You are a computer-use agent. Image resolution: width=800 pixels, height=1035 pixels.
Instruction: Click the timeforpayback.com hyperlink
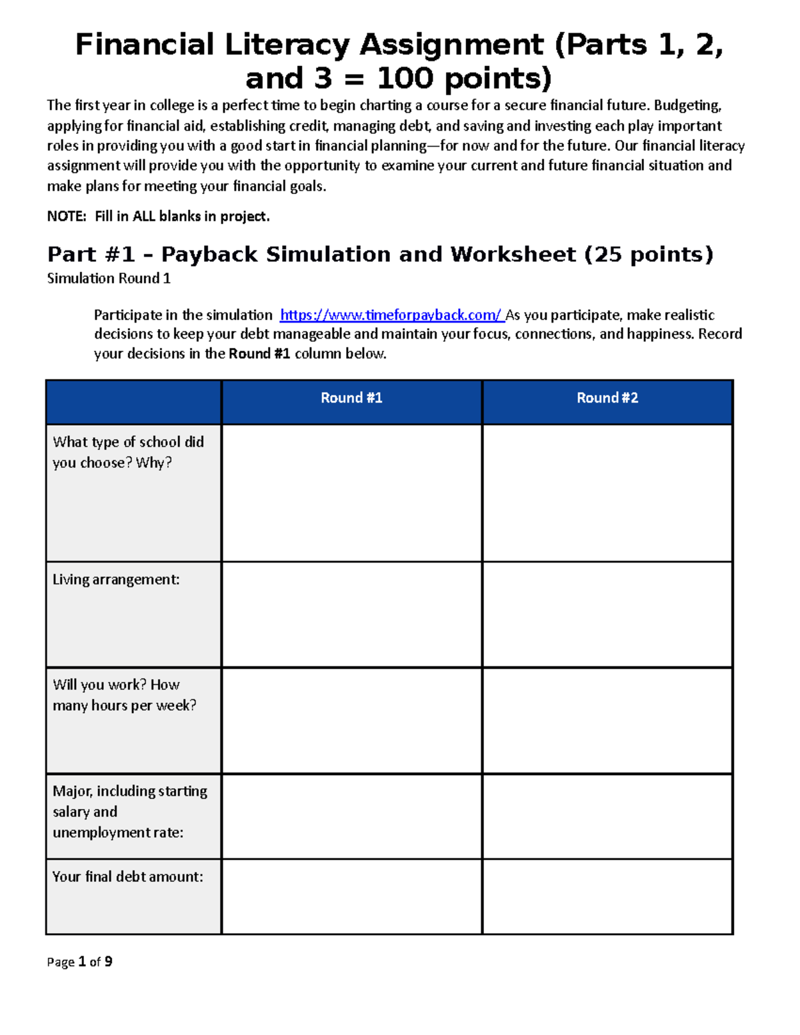pyautogui.click(x=391, y=315)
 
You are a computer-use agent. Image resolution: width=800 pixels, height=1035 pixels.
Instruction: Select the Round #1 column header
pyautogui.click(x=351, y=398)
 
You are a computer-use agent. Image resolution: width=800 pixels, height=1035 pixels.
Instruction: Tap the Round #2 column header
pyautogui.click(x=607, y=398)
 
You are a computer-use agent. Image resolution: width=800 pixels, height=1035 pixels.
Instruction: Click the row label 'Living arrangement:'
pyautogui.click(x=116, y=580)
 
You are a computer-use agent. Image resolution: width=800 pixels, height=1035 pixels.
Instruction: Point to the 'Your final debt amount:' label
pyautogui.click(x=128, y=877)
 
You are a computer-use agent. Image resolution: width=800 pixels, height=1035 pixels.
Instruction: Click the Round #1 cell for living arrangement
pyautogui.click(x=351, y=614)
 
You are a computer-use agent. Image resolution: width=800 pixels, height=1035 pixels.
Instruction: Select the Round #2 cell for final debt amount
pyautogui.click(x=607, y=896)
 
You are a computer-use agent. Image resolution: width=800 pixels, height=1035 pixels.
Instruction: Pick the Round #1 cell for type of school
pyautogui.click(x=351, y=493)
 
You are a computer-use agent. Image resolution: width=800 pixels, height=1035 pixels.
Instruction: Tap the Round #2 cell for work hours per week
pyautogui.click(x=607, y=720)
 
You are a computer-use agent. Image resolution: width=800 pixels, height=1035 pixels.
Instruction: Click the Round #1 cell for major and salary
pyautogui.click(x=351, y=816)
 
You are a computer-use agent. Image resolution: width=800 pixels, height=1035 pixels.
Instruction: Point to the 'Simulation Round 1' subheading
pyautogui.click(x=109, y=279)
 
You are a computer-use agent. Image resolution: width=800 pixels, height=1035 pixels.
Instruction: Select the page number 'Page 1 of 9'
pyautogui.click(x=79, y=962)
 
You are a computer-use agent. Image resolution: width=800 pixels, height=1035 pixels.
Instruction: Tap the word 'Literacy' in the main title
pyautogui.click(x=287, y=45)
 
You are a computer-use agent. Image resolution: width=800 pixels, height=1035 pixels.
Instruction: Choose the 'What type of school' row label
pyautogui.click(x=128, y=452)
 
